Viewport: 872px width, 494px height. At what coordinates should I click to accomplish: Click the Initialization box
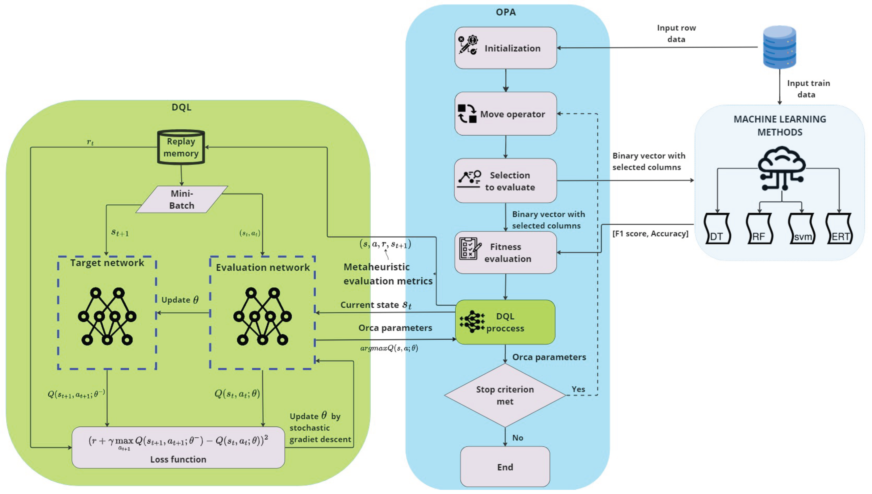click(505, 48)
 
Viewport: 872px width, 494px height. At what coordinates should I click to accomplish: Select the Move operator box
click(505, 114)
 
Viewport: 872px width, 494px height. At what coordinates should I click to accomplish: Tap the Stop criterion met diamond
click(505, 395)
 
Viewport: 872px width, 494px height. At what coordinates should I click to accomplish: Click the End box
click(505, 467)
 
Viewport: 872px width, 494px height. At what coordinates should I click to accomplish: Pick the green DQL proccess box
click(505, 322)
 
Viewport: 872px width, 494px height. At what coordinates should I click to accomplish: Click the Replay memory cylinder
click(181, 147)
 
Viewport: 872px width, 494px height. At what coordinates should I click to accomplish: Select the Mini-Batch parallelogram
click(182, 199)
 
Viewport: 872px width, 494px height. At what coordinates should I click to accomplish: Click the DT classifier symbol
click(716, 229)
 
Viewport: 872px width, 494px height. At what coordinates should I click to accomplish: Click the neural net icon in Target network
click(107, 317)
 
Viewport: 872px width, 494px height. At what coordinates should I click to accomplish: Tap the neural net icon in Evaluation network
click(262, 317)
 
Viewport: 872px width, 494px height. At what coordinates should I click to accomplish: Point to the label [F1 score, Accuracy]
click(650, 234)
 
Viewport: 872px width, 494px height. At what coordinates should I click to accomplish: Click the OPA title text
click(505, 12)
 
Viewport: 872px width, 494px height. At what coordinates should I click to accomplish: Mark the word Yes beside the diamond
click(578, 389)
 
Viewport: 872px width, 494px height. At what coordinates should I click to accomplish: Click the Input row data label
click(676, 33)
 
